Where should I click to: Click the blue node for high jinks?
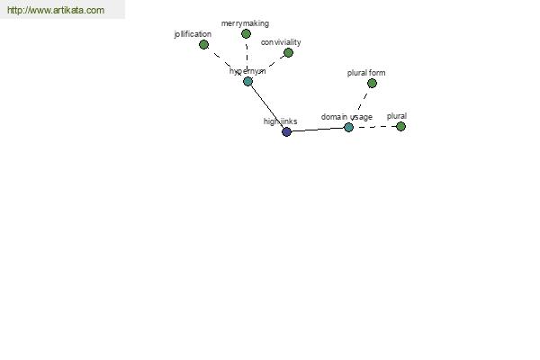(x=286, y=131)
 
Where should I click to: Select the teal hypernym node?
(x=248, y=82)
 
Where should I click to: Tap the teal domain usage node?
(x=348, y=128)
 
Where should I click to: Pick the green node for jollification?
(x=204, y=44)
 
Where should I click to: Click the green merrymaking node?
(x=246, y=34)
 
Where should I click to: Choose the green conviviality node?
(x=289, y=53)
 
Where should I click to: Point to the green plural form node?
(x=372, y=84)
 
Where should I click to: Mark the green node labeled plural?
(x=400, y=126)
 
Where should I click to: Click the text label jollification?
(x=193, y=34)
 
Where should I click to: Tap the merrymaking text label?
(x=245, y=23)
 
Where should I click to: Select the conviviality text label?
(x=281, y=42)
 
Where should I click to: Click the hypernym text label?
(x=247, y=71)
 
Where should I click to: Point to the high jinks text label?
(x=280, y=121)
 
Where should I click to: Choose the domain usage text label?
(x=346, y=117)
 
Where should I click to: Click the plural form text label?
(x=366, y=73)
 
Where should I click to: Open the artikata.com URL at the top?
(x=56, y=10)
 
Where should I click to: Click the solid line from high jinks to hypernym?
(x=267, y=107)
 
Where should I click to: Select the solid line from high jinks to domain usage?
(x=318, y=130)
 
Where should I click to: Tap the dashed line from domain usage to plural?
(x=374, y=127)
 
